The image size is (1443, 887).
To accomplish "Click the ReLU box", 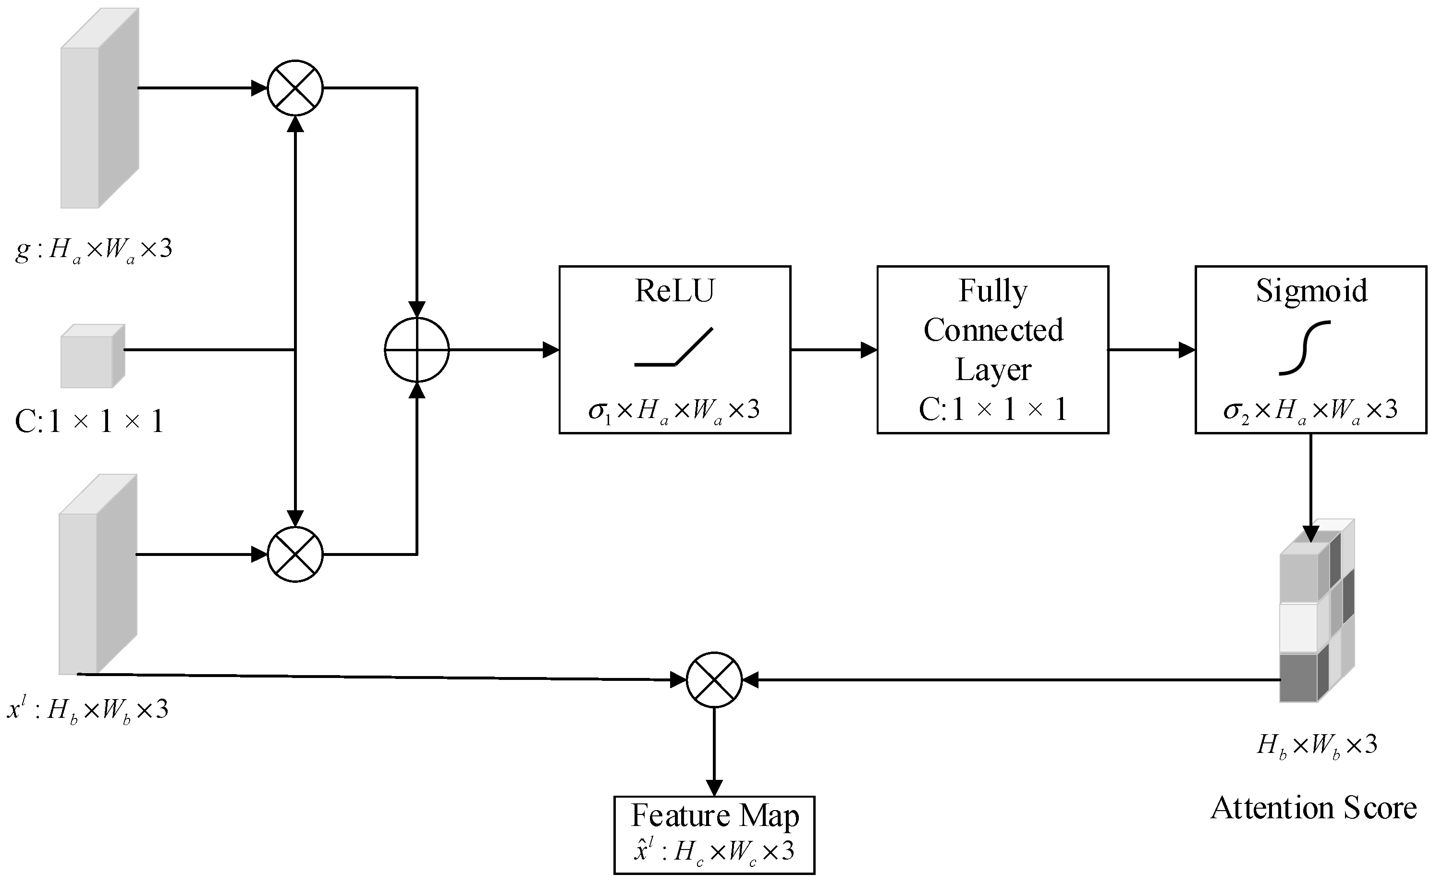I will coord(674,350).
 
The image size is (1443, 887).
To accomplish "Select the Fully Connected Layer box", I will coord(993,350).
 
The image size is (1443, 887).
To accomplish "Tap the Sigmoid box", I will coord(1311,350).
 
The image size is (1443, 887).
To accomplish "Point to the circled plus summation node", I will coord(416,350).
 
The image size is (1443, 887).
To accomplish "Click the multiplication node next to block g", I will coord(295,88).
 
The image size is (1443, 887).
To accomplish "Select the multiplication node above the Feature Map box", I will coord(714,680).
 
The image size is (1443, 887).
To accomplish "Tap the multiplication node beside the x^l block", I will coord(295,554).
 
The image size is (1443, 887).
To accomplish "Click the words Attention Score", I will coord(1313,808).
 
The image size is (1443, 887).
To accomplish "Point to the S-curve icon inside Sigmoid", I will coord(1305,347).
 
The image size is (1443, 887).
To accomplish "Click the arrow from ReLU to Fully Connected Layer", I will coord(832,350).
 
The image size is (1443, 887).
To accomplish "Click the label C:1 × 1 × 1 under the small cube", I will coord(89,421).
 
